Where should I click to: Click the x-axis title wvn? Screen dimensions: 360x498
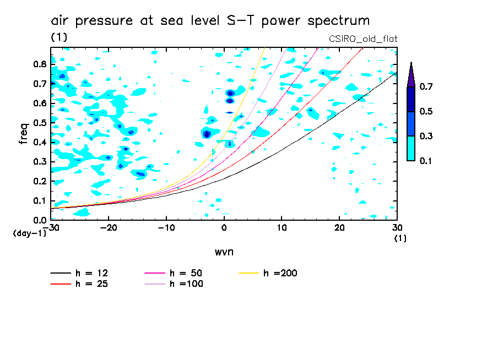point(223,252)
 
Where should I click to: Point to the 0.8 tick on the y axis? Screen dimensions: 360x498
point(39,64)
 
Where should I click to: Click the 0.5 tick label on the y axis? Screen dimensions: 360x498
point(39,122)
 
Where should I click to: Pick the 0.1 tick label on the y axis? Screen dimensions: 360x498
point(39,200)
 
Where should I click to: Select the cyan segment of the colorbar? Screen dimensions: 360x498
point(411,148)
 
